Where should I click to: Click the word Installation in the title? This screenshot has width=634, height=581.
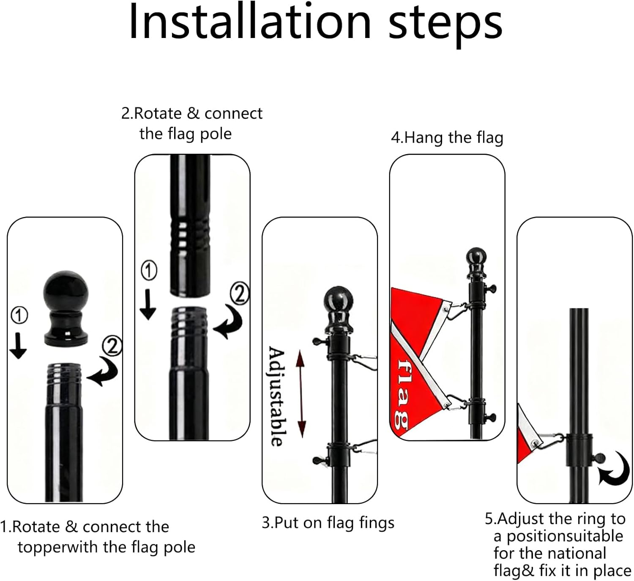[x=249, y=22]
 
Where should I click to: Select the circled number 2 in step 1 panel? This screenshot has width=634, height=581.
[x=112, y=346]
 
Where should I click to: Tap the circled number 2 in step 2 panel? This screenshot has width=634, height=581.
[x=239, y=294]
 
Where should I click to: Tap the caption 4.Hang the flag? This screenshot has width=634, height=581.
[x=447, y=138]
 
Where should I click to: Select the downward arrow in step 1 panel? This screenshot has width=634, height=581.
[x=18, y=345]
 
